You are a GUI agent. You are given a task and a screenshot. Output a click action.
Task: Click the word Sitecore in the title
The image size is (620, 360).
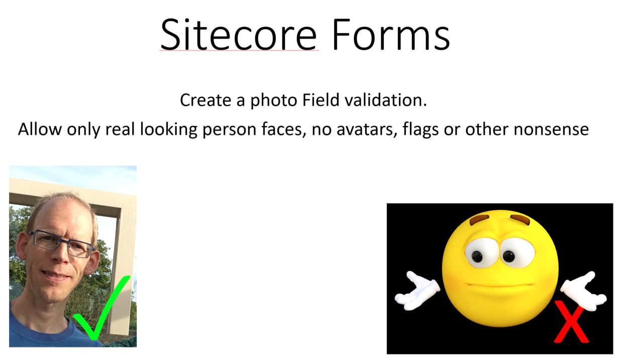[239, 34]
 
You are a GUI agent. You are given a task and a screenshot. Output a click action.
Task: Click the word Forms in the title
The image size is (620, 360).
[391, 34]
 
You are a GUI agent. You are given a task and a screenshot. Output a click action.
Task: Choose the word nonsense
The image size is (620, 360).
[551, 130]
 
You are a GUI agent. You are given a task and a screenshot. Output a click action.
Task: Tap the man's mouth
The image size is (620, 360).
[55, 275]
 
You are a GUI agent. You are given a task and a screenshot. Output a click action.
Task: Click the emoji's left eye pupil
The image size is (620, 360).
[477, 256]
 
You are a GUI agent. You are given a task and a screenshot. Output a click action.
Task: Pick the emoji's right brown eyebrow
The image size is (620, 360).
[521, 219]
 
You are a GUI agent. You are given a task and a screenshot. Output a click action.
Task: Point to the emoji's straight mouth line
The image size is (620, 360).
[500, 285]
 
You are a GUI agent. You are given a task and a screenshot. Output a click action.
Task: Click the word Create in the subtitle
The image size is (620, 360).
[205, 100]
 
